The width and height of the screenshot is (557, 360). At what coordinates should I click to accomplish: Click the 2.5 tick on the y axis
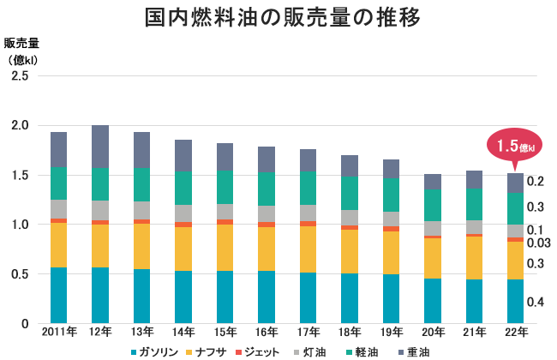[20, 76]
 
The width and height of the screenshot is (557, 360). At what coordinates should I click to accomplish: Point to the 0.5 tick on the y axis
[20, 274]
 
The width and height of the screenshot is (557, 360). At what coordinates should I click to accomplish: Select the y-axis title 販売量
[21, 42]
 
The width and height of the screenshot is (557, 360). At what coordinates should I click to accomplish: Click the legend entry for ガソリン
[159, 351]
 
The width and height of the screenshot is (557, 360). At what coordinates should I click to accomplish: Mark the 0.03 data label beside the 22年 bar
[537, 244]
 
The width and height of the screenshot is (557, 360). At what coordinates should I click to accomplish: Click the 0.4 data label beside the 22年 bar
[536, 302]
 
